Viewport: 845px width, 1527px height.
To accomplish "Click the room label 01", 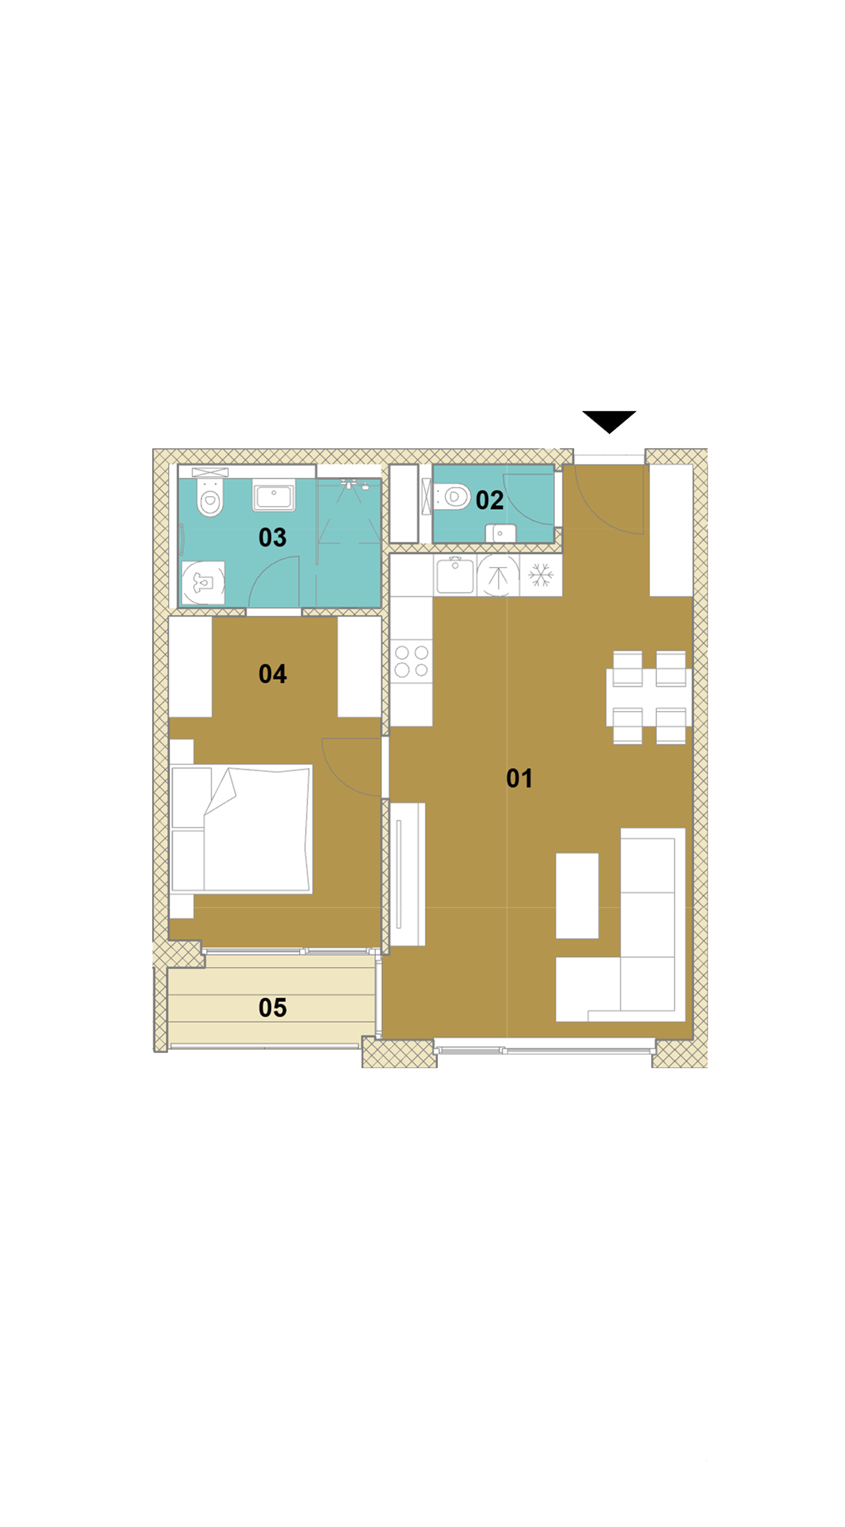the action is coord(519,778).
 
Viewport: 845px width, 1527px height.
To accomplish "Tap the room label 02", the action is coord(490,501).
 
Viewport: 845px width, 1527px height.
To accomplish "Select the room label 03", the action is coord(273,538).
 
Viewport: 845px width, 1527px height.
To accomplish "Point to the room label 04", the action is coord(273,674).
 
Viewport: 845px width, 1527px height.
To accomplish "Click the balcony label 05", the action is coord(273,1008).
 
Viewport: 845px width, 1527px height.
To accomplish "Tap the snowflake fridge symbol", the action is coord(541,575).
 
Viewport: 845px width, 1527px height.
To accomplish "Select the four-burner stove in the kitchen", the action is coord(411,661).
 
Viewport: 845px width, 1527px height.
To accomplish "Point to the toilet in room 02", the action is coord(452,497).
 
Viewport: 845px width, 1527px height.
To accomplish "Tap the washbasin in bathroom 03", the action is coord(274,496).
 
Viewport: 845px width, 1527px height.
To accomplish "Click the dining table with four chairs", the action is coord(649,697).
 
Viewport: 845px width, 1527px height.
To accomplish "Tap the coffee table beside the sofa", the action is coord(577,896).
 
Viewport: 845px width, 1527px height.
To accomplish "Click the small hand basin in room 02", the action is coord(501,533).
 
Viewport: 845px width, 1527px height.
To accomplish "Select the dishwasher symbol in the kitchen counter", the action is coord(498,576).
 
